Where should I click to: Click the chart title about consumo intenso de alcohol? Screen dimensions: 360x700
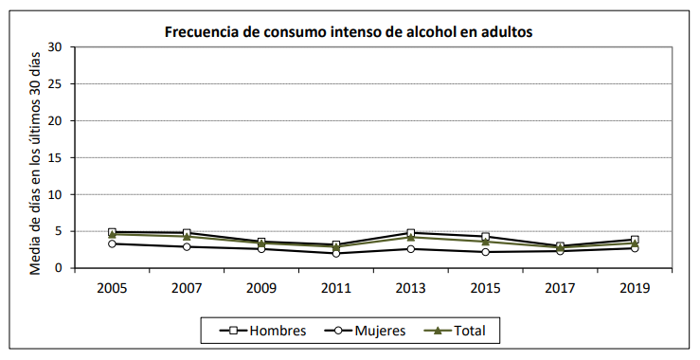tap(349, 31)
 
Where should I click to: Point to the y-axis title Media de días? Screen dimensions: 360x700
tap(35, 157)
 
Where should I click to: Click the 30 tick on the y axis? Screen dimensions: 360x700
tap(55, 47)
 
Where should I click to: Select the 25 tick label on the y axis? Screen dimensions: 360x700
tap(55, 84)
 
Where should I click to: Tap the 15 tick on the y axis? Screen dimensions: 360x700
tap(55, 157)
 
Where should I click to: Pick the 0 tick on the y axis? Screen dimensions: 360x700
tap(59, 268)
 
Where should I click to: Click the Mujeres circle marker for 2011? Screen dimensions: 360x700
tap(336, 253)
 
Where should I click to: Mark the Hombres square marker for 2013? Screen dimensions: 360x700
tap(410, 233)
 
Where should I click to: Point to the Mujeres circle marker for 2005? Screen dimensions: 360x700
tap(112, 243)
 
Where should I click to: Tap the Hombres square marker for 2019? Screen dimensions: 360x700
tap(635, 240)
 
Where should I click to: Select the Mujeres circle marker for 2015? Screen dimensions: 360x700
tap(485, 252)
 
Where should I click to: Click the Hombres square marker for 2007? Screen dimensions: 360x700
tap(187, 233)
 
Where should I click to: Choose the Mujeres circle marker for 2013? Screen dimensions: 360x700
tap(410, 248)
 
